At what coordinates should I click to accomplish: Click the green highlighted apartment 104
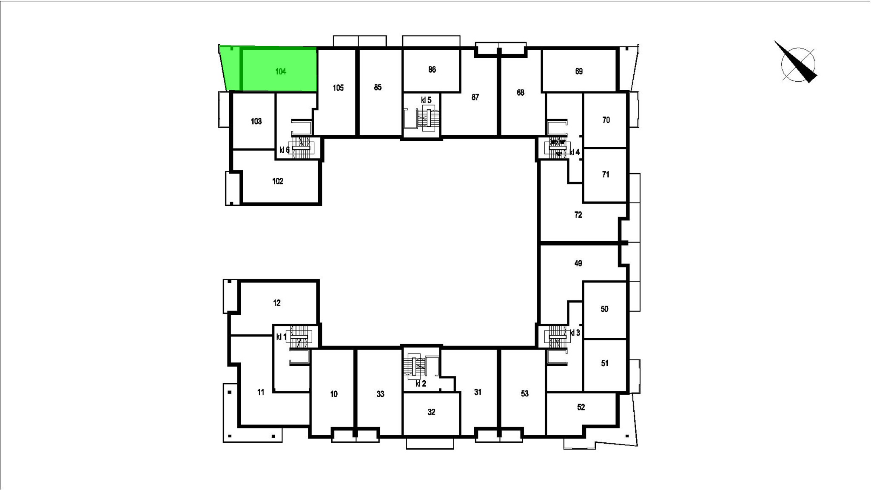pos(272,69)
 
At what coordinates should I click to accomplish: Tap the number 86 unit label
pos(432,70)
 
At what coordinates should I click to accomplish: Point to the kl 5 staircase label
pos(426,100)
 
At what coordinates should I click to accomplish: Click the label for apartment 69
pos(579,71)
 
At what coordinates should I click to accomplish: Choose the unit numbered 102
pos(278,181)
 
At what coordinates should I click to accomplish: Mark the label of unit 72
pos(578,215)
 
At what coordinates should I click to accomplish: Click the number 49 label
pos(578,263)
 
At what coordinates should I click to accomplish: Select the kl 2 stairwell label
pos(421,384)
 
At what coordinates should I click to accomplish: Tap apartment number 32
pos(432,412)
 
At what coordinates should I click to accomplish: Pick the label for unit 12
pos(277,303)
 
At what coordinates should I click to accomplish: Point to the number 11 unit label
pos(261,392)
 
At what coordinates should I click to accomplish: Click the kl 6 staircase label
pos(285,150)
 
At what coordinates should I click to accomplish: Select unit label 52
pos(581,407)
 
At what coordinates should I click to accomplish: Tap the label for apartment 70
pos(606,120)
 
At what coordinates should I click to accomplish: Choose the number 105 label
pos(338,88)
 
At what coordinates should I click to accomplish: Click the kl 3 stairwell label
pos(575,333)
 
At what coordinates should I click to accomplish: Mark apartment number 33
pos(380,394)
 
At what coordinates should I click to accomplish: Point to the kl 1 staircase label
pos(282,337)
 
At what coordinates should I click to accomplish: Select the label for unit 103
pos(256,122)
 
